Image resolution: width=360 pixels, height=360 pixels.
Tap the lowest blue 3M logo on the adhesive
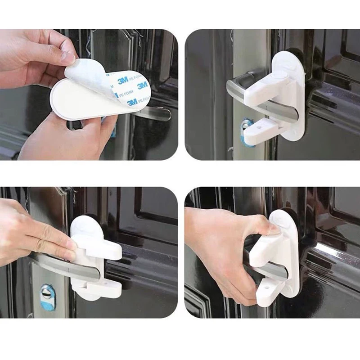pos(132,102)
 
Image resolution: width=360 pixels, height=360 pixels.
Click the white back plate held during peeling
pos(76,101)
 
